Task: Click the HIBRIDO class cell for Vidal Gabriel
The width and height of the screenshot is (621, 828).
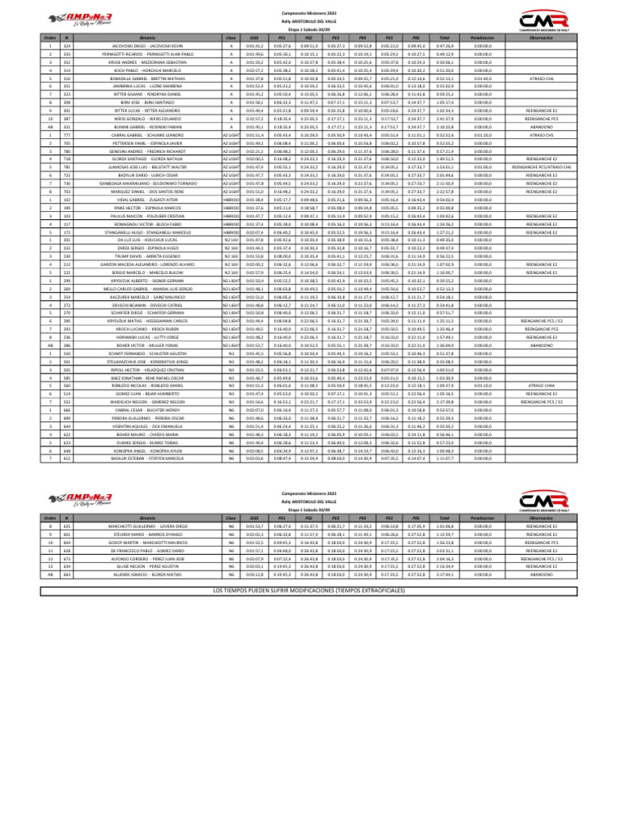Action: pyautogui.click(x=232, y=199)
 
